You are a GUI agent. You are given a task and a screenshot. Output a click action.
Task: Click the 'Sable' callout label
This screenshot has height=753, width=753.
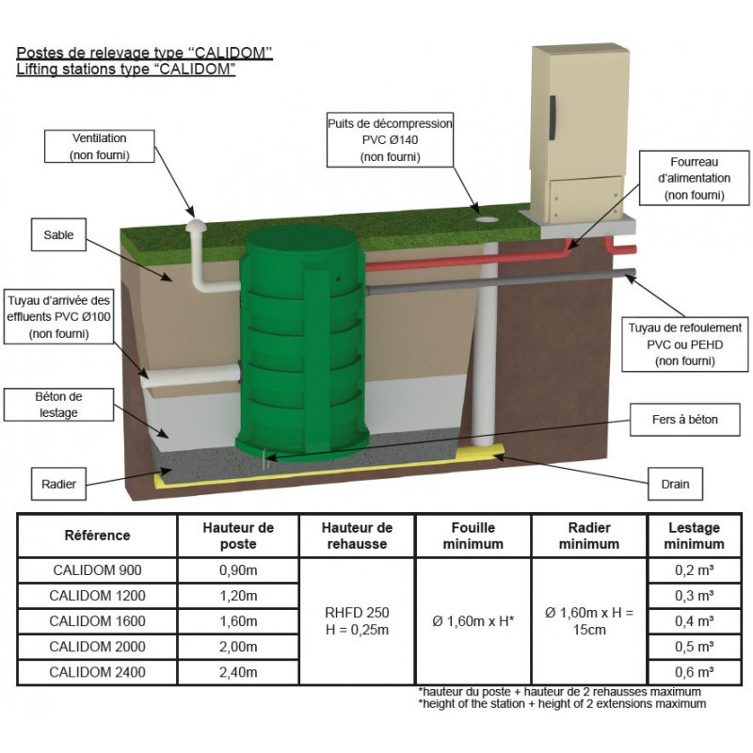click(x=58, y=233)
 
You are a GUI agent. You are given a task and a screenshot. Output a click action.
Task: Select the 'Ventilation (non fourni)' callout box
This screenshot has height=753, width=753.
click(x=100, y=146)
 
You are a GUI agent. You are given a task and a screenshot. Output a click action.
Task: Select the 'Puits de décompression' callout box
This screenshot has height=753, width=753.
click(x=391, y=140)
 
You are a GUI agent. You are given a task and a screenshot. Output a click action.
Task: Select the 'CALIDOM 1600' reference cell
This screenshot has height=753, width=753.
click(x=98, y=620)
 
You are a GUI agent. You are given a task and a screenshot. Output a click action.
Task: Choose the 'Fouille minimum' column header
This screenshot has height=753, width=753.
click(x=473, y=536)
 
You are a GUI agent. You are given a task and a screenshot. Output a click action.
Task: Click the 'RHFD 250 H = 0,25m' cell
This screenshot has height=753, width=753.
click(x=357, y=620)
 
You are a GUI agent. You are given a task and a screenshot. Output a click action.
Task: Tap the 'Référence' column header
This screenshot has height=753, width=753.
click(x=98, y=536)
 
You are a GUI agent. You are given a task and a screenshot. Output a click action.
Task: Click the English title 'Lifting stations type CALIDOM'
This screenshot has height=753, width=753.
click(x=125, y=70)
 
